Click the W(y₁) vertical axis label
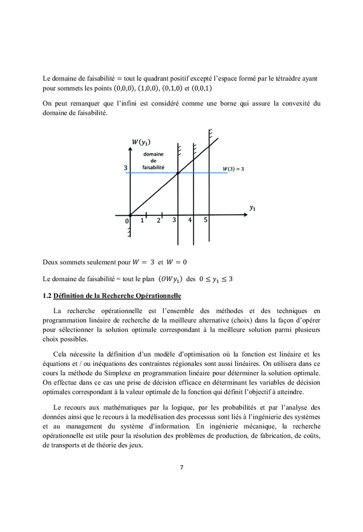tap(142, 142)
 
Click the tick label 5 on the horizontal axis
tap(205, 220)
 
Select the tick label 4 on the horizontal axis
tap(190, 220)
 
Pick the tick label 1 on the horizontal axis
tap(142, 220)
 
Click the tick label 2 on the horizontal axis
tap(159, 220)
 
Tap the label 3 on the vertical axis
tap(125, 168)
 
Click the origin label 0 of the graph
tap(127, 221)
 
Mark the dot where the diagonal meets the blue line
tap(178, 173)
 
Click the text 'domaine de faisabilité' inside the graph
tap(153, 161)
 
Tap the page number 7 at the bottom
tap(181, 467)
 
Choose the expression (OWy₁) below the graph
tap(170, 279)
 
